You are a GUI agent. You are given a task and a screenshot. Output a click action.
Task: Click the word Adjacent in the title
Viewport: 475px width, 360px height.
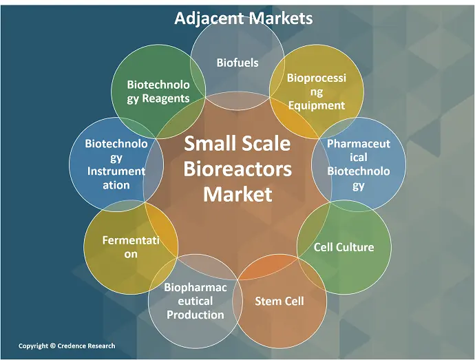209,19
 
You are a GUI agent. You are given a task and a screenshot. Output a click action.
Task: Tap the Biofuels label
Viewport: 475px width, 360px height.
237,63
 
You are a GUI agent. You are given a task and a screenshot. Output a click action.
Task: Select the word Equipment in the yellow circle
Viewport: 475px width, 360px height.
316,106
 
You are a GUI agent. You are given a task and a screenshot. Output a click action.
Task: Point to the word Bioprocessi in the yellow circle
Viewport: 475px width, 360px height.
316,78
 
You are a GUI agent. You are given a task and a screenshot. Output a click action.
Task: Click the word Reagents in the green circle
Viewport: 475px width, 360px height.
166,98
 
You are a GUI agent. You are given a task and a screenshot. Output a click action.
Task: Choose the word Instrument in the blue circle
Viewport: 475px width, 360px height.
116,171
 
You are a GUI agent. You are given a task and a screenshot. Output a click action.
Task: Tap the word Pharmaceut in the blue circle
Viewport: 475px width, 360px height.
359,144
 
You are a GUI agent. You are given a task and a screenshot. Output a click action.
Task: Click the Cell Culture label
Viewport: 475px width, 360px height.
344,247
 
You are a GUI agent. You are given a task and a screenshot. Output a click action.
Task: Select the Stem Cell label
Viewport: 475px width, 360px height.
279,301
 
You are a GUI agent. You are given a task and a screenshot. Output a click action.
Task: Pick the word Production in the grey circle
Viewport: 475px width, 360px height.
196,315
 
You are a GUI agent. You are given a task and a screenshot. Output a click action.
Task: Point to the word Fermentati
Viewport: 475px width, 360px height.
131,240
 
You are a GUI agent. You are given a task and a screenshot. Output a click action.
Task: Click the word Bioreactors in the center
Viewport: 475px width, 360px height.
237,169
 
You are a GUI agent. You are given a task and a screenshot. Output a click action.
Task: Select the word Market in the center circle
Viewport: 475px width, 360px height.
237,194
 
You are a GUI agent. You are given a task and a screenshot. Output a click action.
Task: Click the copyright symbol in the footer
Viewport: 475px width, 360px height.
53,346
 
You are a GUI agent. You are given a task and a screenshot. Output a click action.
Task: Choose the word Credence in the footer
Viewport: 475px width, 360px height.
72,346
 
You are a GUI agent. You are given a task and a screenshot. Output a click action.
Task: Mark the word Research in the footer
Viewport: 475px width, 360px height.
101,346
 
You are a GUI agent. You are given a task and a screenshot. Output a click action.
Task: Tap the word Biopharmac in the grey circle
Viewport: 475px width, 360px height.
196,287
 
